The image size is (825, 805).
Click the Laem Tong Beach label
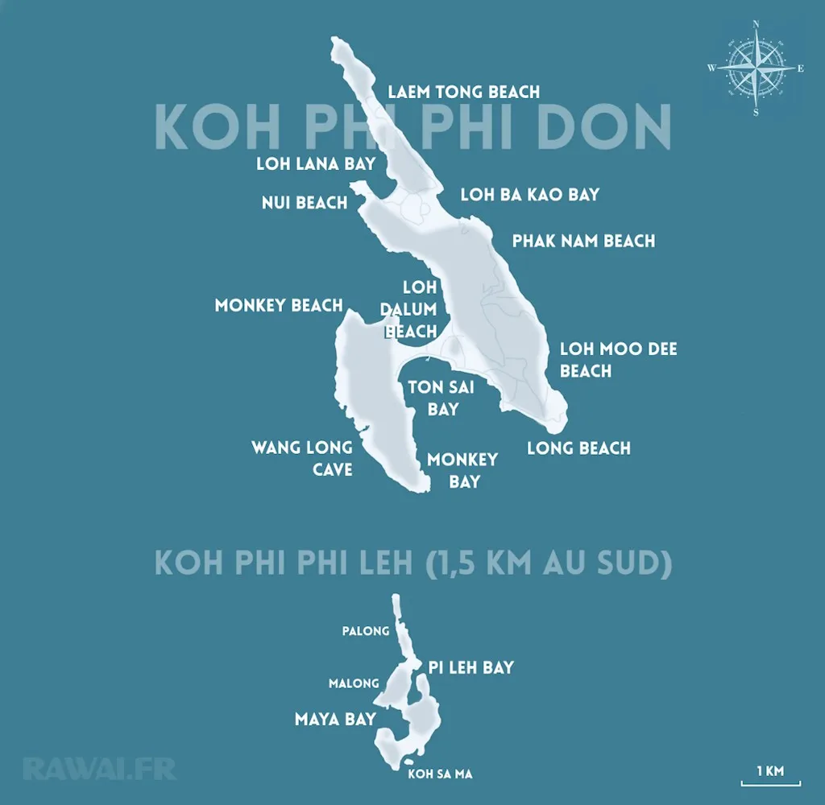coord(463,92)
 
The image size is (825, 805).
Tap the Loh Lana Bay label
coord(316,163)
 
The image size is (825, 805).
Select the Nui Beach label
coord(305,202)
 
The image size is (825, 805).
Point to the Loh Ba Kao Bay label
coord(529,194)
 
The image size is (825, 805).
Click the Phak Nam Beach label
coord(583,241)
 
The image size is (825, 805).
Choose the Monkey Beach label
coord(279,306)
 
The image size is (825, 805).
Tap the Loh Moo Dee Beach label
coord(618,360)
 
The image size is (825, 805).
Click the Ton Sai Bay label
coord(442,398)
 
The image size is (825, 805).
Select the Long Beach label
coord(578,448)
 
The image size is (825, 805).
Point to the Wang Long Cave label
coord(302,457)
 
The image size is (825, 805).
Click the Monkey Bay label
coord(462,470)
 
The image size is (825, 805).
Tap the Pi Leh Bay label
coord(471,667)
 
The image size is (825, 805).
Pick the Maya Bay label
coord(335,719)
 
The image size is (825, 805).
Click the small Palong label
coord(366,631)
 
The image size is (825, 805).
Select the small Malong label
coord(354,683)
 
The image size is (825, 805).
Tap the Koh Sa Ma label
coord(440,774)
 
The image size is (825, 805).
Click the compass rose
coord(756,68)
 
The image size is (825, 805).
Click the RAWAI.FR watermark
coord(99,768)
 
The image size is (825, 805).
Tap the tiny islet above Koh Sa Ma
coord(410,762)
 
